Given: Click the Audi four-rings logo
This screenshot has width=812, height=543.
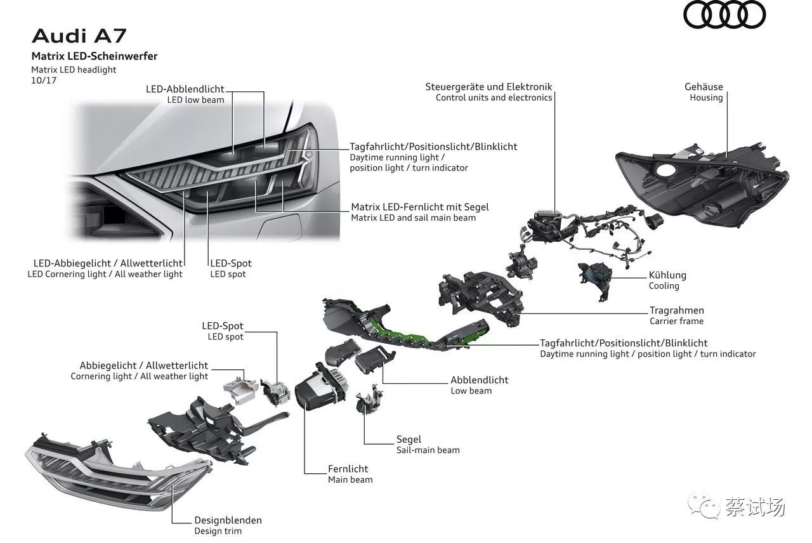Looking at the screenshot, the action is (x=724, y=15).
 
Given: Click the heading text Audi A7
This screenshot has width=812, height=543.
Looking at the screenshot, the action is (x=79, y=36).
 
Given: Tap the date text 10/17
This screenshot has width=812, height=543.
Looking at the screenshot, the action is (x=44, y=81).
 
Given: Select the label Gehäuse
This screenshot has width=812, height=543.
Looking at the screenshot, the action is (x=704, y=87).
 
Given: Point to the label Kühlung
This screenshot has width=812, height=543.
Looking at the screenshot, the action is (x=667, y=275).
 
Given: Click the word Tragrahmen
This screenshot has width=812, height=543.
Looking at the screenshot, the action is (x=677, y=311).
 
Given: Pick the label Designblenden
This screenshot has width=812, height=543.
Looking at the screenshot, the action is (x=228, y=520).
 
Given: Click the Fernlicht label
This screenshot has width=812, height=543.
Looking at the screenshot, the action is (x=348, y=469).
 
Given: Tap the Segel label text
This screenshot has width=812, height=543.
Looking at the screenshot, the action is (x=409, y=440).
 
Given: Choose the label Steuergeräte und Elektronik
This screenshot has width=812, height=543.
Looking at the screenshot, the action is (x=488, y=87).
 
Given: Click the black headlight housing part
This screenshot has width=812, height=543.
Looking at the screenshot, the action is (x=702, y=185).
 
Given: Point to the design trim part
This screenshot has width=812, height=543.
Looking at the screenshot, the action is (x=118, y=471).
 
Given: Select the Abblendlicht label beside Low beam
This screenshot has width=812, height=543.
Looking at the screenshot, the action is (x=479, y=380).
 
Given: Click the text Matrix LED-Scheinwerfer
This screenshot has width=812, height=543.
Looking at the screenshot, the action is (x=95, y=56).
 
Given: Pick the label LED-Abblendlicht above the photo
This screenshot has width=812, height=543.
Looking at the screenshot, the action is (x=185, y=89).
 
